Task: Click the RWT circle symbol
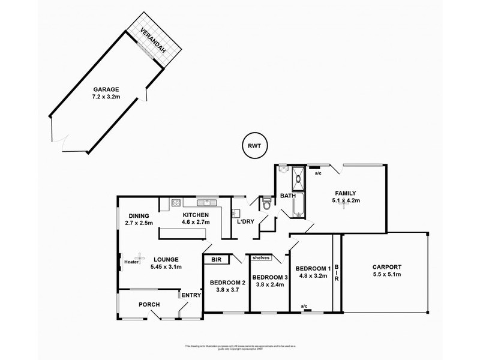256,145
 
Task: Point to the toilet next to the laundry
266,205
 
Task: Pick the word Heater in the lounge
131,262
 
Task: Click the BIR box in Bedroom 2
215,260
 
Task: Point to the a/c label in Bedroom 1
304,306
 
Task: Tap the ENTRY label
191,295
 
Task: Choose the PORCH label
149,304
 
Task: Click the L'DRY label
247,221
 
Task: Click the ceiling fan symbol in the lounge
141,255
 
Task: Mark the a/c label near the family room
318,173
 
